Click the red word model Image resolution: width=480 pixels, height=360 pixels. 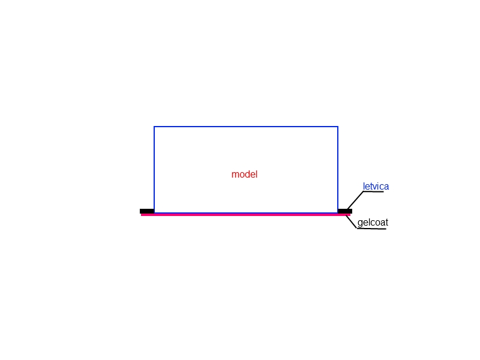(244, 174)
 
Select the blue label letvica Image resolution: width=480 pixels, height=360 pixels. (376, 186)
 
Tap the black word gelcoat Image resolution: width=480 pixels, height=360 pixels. (373, 223)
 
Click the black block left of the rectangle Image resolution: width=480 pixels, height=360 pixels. (147, 211)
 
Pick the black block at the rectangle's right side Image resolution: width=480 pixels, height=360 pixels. (345, 211)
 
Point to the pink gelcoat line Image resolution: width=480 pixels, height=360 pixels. (245, 215)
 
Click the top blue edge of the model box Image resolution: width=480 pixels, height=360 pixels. (246, 127)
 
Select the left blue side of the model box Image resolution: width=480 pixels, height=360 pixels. (154, 170)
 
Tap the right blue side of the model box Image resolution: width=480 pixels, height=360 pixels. (338, 170)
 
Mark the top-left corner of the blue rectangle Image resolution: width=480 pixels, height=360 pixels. (154, 127)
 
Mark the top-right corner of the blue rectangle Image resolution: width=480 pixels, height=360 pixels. (338, 127)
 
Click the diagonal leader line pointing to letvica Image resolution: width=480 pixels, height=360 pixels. (355, 200)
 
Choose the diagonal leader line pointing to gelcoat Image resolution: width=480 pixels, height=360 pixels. (351, 222)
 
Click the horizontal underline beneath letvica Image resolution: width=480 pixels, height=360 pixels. (373, 191)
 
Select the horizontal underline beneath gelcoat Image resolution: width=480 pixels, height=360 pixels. (371, 229)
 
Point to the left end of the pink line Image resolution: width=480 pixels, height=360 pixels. (141, 215)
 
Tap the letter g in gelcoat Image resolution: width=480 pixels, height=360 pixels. (360, 223)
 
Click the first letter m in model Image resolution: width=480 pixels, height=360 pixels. (235, 175)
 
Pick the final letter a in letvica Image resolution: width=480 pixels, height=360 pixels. (386, 187)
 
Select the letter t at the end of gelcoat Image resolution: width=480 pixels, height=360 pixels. (386, 223)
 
